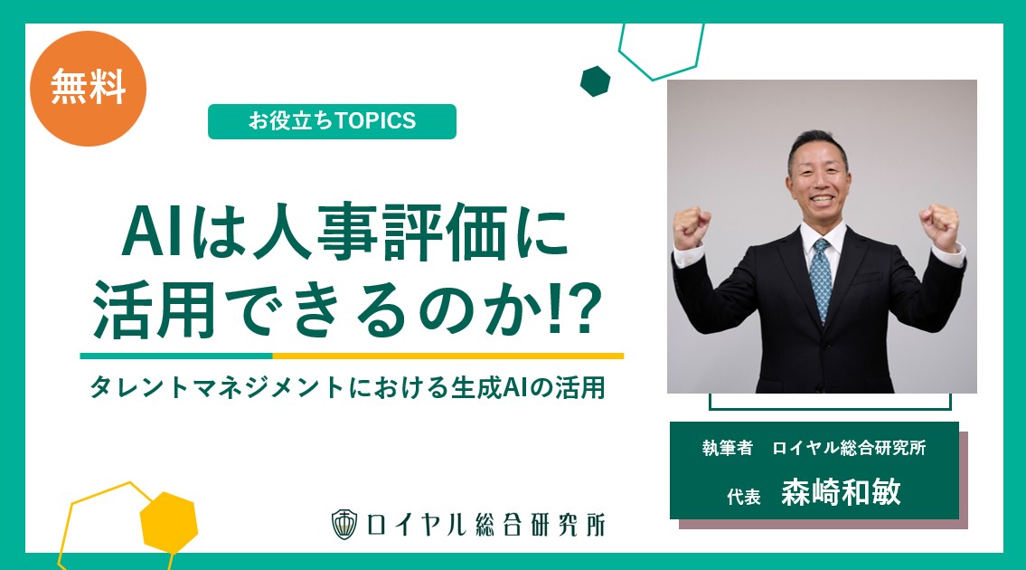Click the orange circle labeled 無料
[88, 89]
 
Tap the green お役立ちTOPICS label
[332, 121]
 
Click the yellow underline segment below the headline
[448, 356]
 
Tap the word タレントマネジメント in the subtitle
[217, 388]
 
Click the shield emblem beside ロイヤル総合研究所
[344, 524]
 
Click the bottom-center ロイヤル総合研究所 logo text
[485, 524]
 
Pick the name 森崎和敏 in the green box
[841, 491]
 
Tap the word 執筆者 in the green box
[727, 448]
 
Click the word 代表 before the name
[743, 497]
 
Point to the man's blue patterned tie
[821, 279]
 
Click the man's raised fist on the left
[691, 227]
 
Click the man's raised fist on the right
[939, 226]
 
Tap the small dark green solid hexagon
[596, 81]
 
